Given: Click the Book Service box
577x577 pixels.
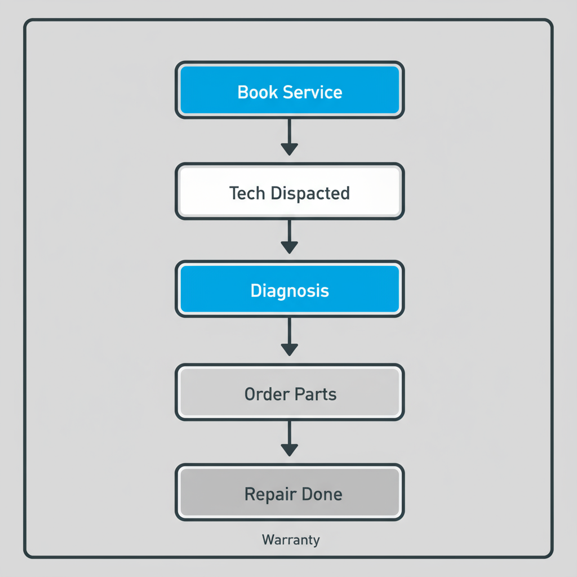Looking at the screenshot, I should click(290, 91).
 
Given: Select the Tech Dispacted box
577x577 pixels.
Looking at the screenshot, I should click(290, 192).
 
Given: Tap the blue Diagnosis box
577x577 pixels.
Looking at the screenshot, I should click(290, 290).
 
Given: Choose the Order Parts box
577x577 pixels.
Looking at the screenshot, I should click(290, 393).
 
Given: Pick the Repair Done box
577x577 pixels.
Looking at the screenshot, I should click(290, 493).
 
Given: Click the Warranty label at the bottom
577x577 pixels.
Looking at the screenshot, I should click(291, 540).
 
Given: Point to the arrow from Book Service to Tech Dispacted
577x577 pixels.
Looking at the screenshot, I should click(289, 137).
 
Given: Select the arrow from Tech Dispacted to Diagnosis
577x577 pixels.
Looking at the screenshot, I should click(289, 237).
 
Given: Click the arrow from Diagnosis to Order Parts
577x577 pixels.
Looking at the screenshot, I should click(289, 337).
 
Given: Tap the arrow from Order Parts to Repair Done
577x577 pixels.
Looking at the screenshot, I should click(289, 438).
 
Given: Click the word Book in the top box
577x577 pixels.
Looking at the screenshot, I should click(255, 92).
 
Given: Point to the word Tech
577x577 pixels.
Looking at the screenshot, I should click(247, 193).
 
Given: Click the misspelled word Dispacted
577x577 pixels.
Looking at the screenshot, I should click(310, 193).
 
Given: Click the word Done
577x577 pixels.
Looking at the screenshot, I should click(322, 494).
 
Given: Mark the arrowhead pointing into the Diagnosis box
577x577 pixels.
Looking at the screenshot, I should click(289, 247).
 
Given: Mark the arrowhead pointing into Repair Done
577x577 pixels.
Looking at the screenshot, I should click(289, 450).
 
